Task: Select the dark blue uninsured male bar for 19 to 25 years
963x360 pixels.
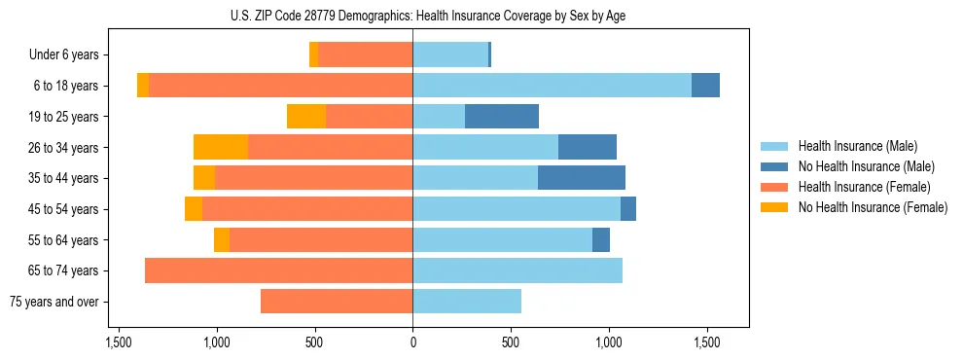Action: coord(502,117)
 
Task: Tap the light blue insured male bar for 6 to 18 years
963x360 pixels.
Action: coord(552,86)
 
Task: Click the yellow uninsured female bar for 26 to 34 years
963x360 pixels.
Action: coord(221,147)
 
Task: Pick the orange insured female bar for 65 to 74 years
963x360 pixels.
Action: coord(278,270)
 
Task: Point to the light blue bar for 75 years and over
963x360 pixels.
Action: coord(467,302)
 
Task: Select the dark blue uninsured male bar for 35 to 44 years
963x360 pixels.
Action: coord(582,178)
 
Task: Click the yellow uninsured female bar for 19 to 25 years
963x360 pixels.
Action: coord(306,117)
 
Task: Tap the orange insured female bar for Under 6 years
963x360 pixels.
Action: coord(365,54)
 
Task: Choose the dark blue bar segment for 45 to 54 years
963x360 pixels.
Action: coord(628,209)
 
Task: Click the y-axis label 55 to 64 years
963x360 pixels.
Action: coord(65,240)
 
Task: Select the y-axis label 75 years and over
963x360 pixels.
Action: coord(53,302)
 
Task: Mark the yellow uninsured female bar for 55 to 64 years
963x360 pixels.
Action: coord(222,240)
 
